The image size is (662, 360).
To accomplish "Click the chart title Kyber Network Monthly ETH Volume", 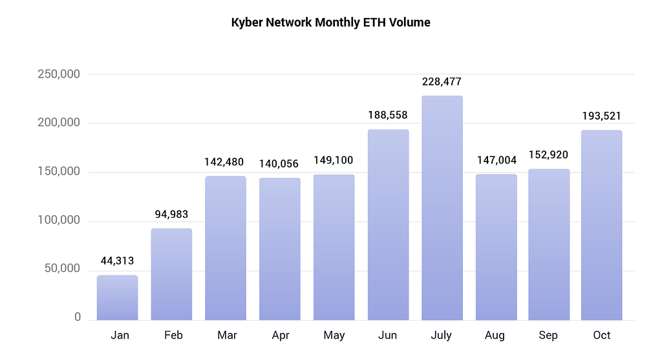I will coord(330,23).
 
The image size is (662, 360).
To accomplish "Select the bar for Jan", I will coord(117,298).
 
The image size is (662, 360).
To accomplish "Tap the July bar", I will coord(442,208).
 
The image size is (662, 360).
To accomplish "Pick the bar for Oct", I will coord(601,226).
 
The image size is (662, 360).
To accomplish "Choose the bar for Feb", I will coord(171,275).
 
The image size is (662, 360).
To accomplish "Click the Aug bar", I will coord(496,248).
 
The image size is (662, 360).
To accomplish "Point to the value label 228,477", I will coord(442,82).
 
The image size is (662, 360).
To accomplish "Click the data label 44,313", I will coord(117,261).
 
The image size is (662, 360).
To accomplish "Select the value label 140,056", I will coord(280,164).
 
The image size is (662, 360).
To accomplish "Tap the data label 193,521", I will coord(601,116).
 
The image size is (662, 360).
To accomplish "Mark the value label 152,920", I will coord(549,155).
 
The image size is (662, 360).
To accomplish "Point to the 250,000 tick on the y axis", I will coord(58,74).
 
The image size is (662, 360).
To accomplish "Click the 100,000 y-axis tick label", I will coord(58,220).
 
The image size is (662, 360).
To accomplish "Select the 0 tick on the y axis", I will coord(77,317).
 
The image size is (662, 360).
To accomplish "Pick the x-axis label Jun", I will coord(388,335).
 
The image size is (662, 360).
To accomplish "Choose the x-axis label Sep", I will coord(549,335).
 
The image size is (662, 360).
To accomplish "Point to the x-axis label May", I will coord(334,335).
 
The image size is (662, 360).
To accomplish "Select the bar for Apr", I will coord(280,249).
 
